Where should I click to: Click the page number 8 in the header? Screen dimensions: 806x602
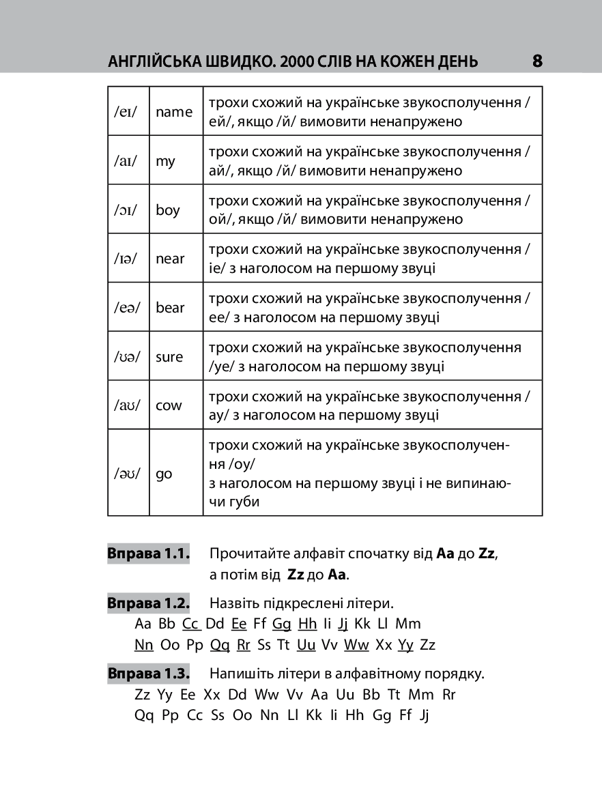pyautogui.click(x=537, y=61)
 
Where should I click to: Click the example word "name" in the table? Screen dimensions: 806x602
pyautogui.click(x=174, y=112)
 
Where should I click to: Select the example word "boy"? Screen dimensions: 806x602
pyautogui.click(x=168, y=210)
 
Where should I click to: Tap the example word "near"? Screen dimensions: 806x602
pyautogui.click(x=170, y=259)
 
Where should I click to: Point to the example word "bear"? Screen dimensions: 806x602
pyautogui.click(x=170, y=308)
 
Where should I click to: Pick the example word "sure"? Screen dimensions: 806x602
pyautogui.click(x=169, y=357)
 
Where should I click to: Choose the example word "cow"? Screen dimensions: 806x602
pyautogui.click(x=169, y=405)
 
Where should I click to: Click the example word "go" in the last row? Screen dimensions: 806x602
pyautogui.click(x=164, y=474)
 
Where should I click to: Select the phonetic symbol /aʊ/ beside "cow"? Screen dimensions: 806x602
pyautogui.click(x=127, y=405)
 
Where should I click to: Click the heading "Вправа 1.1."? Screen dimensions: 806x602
pyautogui.click(x=148, y=553)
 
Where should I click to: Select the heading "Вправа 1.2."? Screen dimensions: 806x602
pyautogui.click(x=148, y=603)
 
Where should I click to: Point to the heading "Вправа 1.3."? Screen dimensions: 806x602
pyautogui.click(x=148, y=674)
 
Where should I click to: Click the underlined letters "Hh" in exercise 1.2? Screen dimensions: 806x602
pyautogui.click(x=308, y=624)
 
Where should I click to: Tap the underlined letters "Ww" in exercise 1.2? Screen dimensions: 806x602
pyautogui.click(x=356, y=645)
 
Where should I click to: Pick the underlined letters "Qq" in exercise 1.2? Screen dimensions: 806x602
pyautogui.click(x=220, y=645)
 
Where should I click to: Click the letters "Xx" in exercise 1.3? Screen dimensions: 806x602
pyautogui.click(x=212, y=695)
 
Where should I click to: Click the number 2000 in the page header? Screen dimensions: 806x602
pyautogui.click(x=295, y=62)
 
